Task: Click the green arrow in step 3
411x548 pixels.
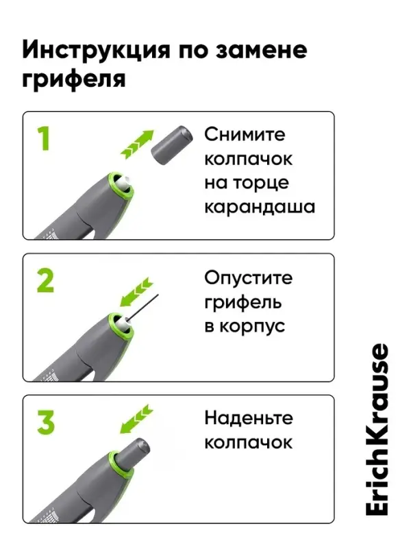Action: (134, 419)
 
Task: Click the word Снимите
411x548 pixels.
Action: (245, 134)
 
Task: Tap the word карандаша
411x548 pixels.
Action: (260, 206)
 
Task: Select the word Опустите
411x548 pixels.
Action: (248, 277)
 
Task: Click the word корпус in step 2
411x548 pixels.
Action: (253, 325)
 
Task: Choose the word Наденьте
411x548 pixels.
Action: (248, 418)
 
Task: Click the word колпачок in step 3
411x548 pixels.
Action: (248, 442)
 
